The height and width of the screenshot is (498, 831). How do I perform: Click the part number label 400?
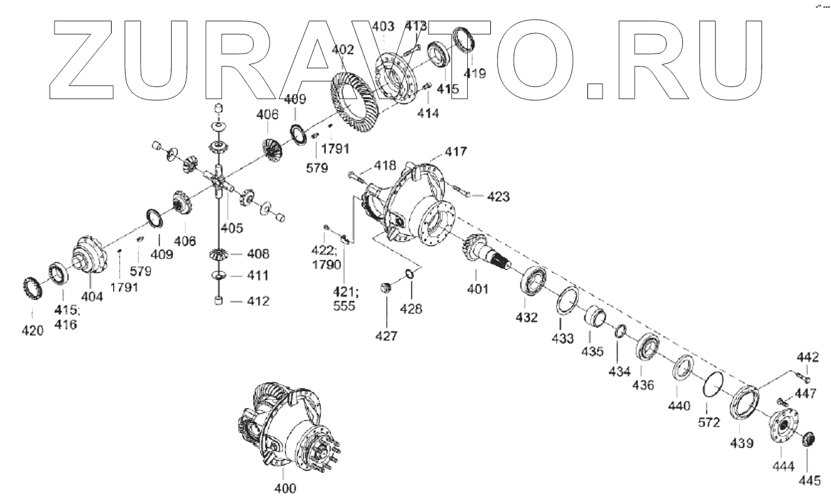285,487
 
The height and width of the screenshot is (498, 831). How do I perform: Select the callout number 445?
809,480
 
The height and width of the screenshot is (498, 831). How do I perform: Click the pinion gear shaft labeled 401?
483,253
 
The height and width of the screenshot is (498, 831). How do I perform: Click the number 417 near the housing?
457,151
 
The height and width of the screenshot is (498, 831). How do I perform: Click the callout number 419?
474,74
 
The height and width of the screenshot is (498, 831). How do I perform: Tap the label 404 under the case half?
93,297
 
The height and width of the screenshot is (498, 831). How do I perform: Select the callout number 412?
257,301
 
